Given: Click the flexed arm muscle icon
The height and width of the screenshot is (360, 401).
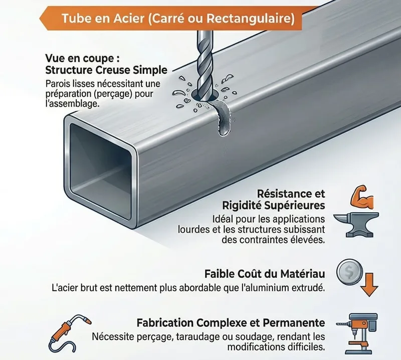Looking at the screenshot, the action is coord(362,198).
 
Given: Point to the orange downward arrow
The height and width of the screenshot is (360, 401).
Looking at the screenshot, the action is coord(369,285).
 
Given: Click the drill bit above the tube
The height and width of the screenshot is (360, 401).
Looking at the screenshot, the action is coord(205,67).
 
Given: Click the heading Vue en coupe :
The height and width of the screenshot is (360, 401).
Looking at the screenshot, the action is coord(82,59).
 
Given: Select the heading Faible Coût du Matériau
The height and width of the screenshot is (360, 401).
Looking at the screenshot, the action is coord(265,274).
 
